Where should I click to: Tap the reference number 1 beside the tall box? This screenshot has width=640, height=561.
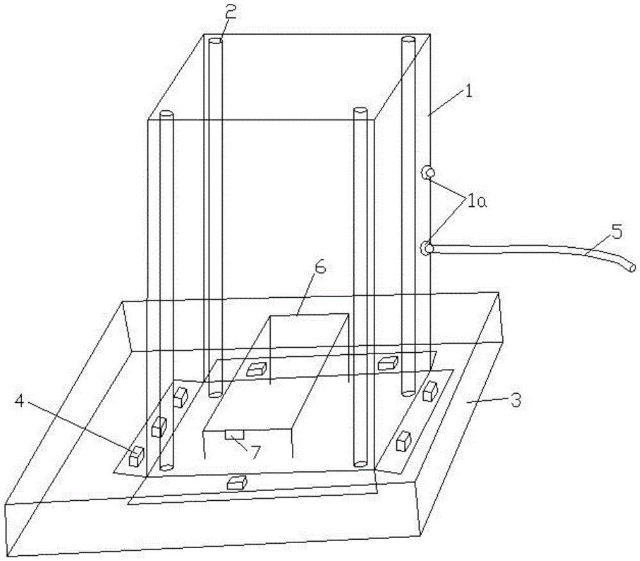pyautogui.click(x=468, y=91)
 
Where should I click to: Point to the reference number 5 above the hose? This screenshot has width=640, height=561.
pyautogui.click(x=617, y=232)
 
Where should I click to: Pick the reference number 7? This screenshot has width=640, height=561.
pyautogui.click(x=255, y=451)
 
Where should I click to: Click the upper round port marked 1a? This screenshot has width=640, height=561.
pyautogui.click(x=427, y=173)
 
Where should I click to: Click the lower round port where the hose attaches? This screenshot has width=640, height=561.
pyautogui.click(x=427, y=248)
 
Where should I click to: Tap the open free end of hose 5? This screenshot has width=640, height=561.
pyautogui.click(x=632, y=268)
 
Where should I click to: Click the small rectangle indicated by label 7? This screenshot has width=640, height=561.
pyautogui.click(x=234, y=434)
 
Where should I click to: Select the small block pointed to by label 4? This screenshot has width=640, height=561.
pyautogui.click(x=136, y=457)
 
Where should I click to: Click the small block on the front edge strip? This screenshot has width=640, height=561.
pyautogui.click(x=237, y=482)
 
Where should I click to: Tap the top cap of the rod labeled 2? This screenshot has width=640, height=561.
pyautogui.click(x=215, y=41)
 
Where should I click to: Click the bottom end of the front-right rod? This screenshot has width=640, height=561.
pyautogui.click(x=360, y=464)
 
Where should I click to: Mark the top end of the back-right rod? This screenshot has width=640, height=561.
pyautogui.click(x=408, y=39)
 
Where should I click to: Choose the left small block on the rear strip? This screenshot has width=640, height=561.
pyautogui.click(x=257, y=368)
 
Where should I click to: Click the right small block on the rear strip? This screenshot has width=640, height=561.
pyautogui.click(x=388, y=362)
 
